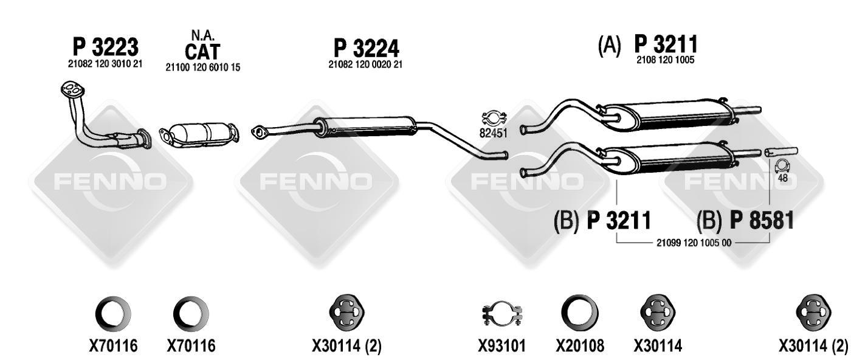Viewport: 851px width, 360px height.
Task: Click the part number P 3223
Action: (x=106, y=47)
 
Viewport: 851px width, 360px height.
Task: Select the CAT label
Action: (x=202, y=52)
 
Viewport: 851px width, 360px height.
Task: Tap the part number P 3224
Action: (x=366, y=48)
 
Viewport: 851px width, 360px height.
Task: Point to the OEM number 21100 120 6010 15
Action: (x=203, y=67)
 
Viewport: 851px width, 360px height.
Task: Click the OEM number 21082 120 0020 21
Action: (x=365, y=64)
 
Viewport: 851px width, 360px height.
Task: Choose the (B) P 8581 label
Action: (x=745, y=220)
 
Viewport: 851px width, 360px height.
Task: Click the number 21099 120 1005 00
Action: (x=694, y=243)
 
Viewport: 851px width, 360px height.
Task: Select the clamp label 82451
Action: (x=494, y=133)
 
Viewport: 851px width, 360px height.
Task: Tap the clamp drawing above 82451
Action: (x=494, y=118)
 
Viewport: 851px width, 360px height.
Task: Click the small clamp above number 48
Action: (x=782, y=167)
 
